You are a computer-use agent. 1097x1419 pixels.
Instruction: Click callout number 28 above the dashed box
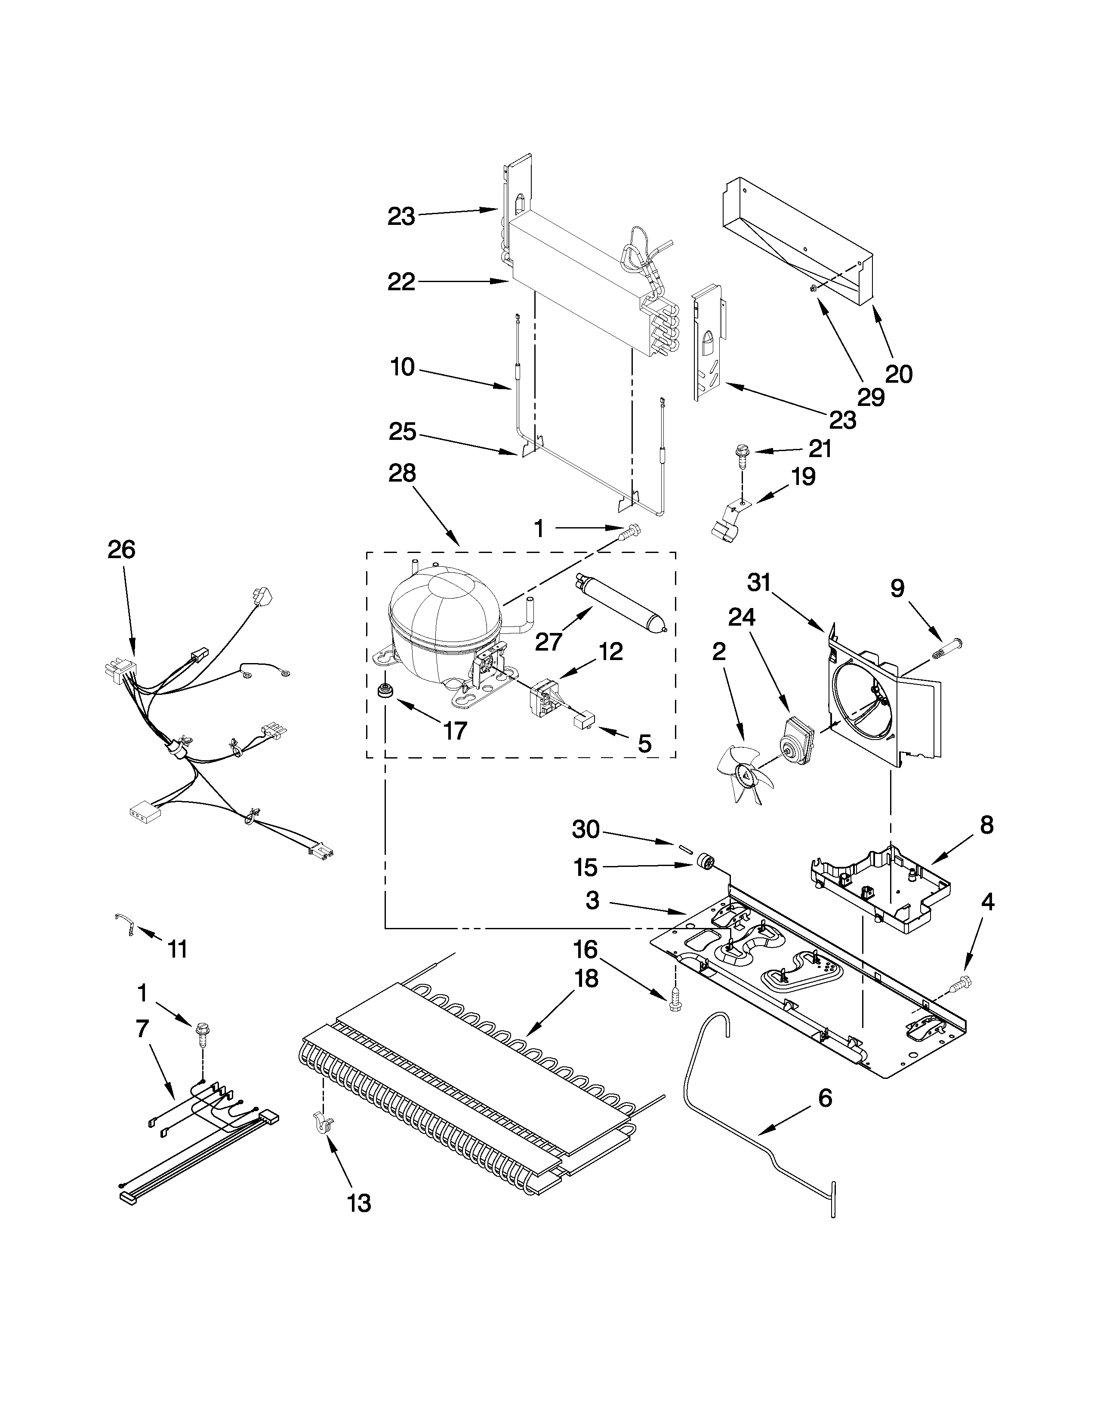pos(402,473)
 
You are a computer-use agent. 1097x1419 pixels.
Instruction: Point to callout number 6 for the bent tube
pos(824,1098)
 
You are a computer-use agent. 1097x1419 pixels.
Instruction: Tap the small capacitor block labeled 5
pos(582,721)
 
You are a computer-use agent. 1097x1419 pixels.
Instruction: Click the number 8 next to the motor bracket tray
pos(986,825)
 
